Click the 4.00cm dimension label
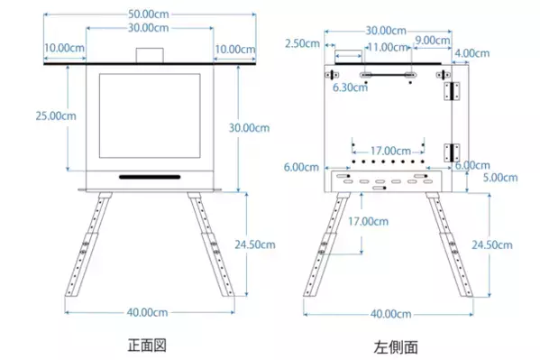(474, 53)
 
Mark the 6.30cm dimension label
(351, 88)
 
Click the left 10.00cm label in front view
(63, 49)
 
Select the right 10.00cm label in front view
(233, 49)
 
